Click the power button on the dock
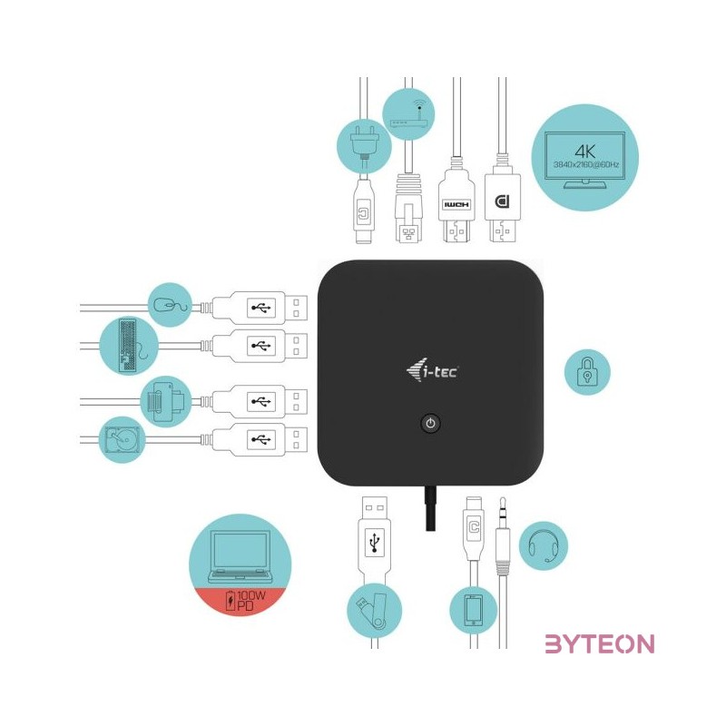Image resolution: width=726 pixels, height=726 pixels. pos(431,423)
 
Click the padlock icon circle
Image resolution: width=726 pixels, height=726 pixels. pos(587,372)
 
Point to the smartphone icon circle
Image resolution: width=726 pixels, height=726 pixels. pos(474,610)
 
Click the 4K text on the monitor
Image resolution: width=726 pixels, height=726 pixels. pos(584,150)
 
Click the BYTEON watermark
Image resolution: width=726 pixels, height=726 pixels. pos(599,644)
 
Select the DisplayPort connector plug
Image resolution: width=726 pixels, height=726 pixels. pos(501,209)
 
